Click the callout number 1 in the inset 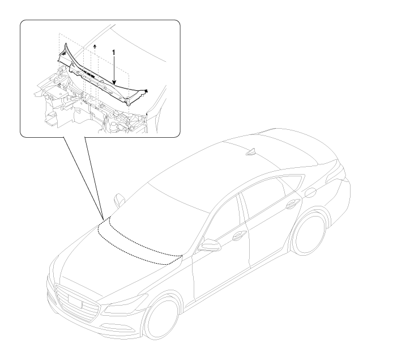click(x=114, y=53)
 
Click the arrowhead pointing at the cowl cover click(x=114, y=82)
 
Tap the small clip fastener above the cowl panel click(x=95, y=46)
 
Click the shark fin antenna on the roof click(x=251, y=152)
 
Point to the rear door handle click(x=293, y=204)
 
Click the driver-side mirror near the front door click(x=210, y=245)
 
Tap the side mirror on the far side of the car click(x=119, y=200)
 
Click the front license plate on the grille click(x=75, y=300)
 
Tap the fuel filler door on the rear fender click(x=310, y=193)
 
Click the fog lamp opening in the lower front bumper click(x=117, y=327)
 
